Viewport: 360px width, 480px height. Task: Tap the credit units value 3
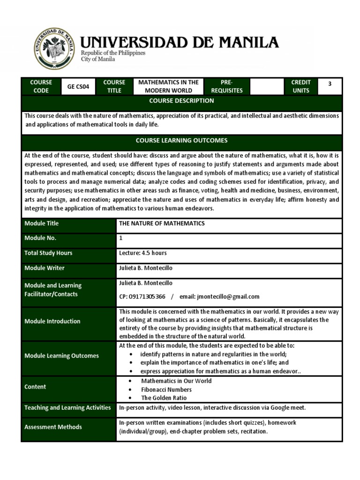click(330, 84)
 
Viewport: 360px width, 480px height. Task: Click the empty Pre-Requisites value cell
click(266, 87)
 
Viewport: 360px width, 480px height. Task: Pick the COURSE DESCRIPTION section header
click(181, 101)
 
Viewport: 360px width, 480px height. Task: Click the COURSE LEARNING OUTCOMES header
click(181, 141)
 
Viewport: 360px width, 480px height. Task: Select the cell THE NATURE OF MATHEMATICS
click(162, 224)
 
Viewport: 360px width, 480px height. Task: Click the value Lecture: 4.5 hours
click(143, 253)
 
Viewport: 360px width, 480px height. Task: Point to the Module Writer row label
click(45, 268)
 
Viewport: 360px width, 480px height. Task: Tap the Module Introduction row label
click(52, 321)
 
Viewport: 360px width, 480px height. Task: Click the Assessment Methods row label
click(53, 427)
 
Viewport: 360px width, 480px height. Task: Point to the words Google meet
click(288, 408)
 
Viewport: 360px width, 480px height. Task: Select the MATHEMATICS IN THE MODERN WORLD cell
click(168, 87)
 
